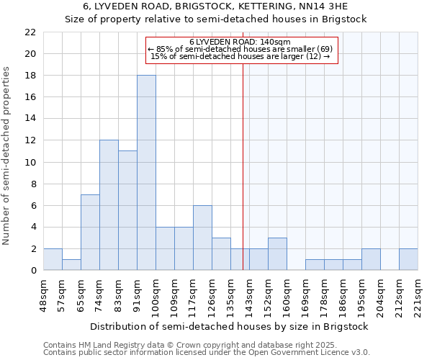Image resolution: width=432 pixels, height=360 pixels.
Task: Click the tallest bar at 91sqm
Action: pyautogui.click(x=146, y=173)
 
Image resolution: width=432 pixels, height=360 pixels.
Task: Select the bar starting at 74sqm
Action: pyautogui.click(x=109, y=205)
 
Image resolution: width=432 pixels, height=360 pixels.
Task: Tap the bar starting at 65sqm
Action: pyautogui.click(x=90, y=232)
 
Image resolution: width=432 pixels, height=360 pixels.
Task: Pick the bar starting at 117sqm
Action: pyautogui.click(x=202, y=238)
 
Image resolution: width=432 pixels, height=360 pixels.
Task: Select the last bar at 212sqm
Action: pyautogui.click(x=408, y=259)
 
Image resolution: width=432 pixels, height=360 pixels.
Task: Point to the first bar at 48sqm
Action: pyautogui.click(x=53, y=259)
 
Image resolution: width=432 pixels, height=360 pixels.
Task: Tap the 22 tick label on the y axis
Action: pyautogui.click(x=30, y=32)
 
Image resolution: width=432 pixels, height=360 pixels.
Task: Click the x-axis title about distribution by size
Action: pyautogui.click(x=230, y=326)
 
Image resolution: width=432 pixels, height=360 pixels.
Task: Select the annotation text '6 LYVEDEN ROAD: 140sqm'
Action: pyautogui.click(x=240, y=42)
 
